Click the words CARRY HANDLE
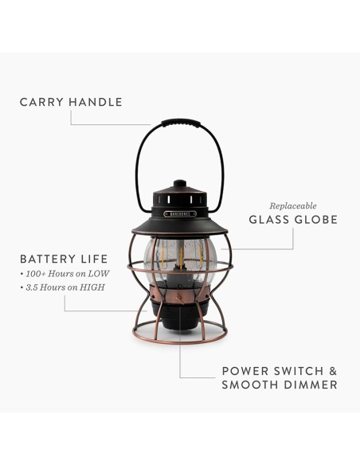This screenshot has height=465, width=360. [71, 102]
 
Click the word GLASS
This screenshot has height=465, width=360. [270, 220]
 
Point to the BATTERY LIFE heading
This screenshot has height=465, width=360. [64, 259]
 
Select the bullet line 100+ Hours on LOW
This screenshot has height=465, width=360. [66, 273]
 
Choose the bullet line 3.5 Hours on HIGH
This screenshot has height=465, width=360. [65, 287]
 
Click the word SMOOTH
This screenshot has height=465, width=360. [249, 385]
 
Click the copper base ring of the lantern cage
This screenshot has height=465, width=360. [180, 340]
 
